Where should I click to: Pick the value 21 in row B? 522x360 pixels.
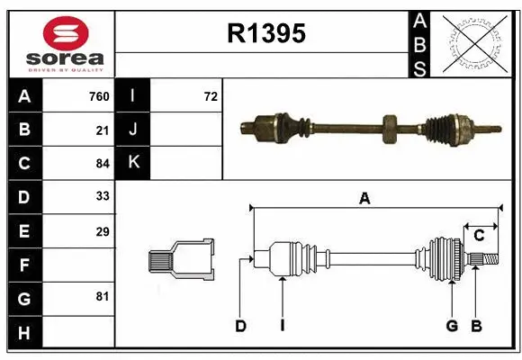[x=102, y=130]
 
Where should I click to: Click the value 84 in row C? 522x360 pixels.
[x=102, y=163]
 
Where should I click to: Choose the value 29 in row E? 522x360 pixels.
[x=102, y=231]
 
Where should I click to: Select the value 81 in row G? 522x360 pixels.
[x=102, y=296]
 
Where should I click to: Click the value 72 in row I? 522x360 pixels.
[x=211, y=96]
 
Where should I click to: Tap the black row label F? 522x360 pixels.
[x=23, y=265]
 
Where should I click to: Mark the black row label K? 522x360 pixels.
[x=133, y=163]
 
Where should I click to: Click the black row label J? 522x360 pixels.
[x=133, y=130]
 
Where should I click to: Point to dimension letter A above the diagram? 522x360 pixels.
[x=364, y=199]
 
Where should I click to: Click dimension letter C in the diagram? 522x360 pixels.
[x=480, y=235]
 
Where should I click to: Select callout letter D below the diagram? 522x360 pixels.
[x=240, y=326]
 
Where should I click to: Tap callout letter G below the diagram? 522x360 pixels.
[x=452, y=326]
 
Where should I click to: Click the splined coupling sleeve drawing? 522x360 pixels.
[x=183, y=259]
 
